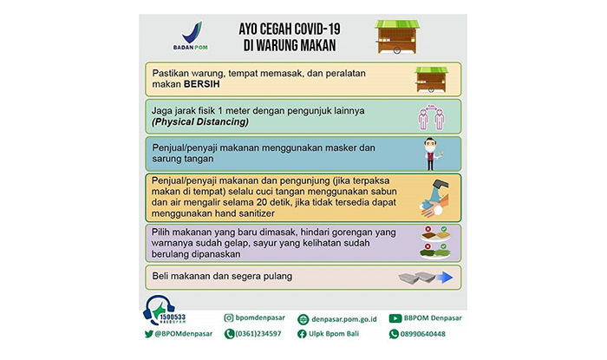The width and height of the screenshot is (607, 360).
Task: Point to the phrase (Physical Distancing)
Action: (200, 122)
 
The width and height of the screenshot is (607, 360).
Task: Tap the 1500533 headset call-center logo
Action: (166, 314)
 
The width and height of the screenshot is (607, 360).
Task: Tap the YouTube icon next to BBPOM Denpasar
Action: (395, 318)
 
